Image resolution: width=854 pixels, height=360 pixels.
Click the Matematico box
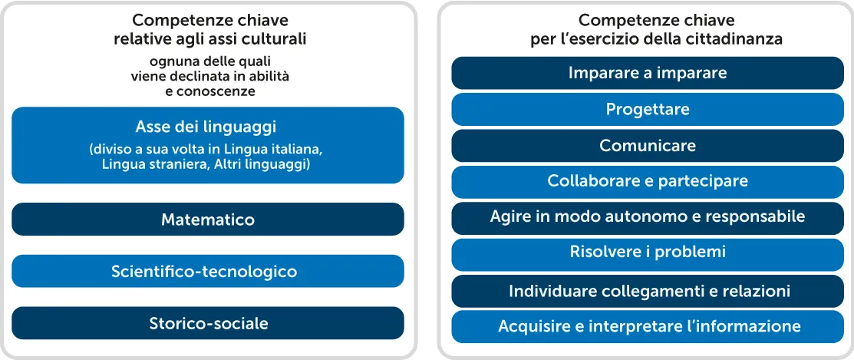pos(207,220)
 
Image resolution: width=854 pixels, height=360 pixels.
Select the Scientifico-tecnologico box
pos(207,271)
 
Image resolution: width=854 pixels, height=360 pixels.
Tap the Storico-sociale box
pos(207,323)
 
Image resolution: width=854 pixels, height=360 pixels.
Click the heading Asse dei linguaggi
pos(206,127)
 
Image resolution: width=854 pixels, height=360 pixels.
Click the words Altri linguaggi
pos(265,163)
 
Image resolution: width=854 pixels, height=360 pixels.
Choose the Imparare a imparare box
pos(648,73)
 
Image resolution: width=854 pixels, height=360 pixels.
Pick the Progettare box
pos(648,109)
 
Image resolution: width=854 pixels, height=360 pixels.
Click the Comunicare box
pos(648,145)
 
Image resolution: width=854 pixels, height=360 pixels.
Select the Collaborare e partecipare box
pos(648,181)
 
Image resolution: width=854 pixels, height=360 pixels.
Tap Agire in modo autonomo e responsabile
pos(648,217)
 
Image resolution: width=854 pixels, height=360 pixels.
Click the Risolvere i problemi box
pos(648,252)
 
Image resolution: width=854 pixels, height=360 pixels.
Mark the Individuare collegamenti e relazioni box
pos(648,291)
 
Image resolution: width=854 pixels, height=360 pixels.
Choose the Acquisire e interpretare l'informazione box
pos(648,326)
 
